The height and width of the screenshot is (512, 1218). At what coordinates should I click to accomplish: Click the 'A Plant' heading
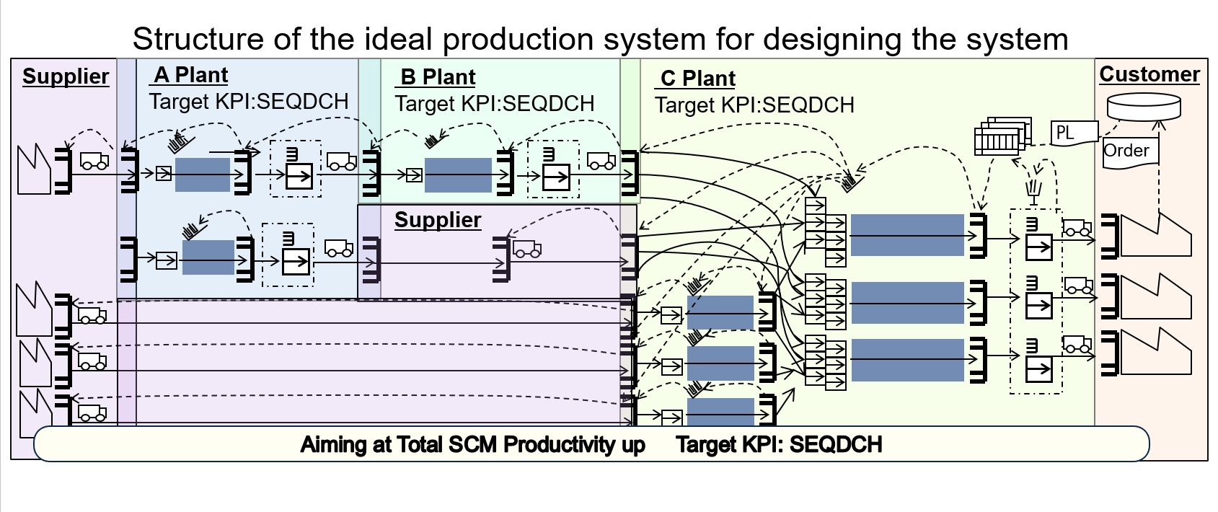coord(191,75)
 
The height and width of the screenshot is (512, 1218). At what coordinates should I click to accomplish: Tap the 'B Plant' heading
coord(438,77)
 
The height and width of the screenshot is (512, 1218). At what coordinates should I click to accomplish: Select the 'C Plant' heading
coord(697,79)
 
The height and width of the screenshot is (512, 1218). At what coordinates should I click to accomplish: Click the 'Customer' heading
coord(1149,74)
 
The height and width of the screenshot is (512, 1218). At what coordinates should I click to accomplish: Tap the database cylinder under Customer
coord(1144,107)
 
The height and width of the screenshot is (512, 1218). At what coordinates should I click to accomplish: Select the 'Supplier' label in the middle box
coord(438,220)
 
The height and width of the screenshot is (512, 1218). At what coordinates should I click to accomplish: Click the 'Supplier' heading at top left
coord(66,76)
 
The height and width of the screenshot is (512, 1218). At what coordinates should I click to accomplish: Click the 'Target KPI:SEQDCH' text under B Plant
coord(495,104)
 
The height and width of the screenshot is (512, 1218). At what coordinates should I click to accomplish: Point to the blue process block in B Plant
coord(459,175)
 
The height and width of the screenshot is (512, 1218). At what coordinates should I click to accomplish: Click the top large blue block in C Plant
coord(907,234)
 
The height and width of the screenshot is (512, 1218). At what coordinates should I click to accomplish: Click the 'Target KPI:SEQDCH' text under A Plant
coord(249,102)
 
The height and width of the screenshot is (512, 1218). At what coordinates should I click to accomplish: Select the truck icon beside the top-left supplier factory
coord(94,161)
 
